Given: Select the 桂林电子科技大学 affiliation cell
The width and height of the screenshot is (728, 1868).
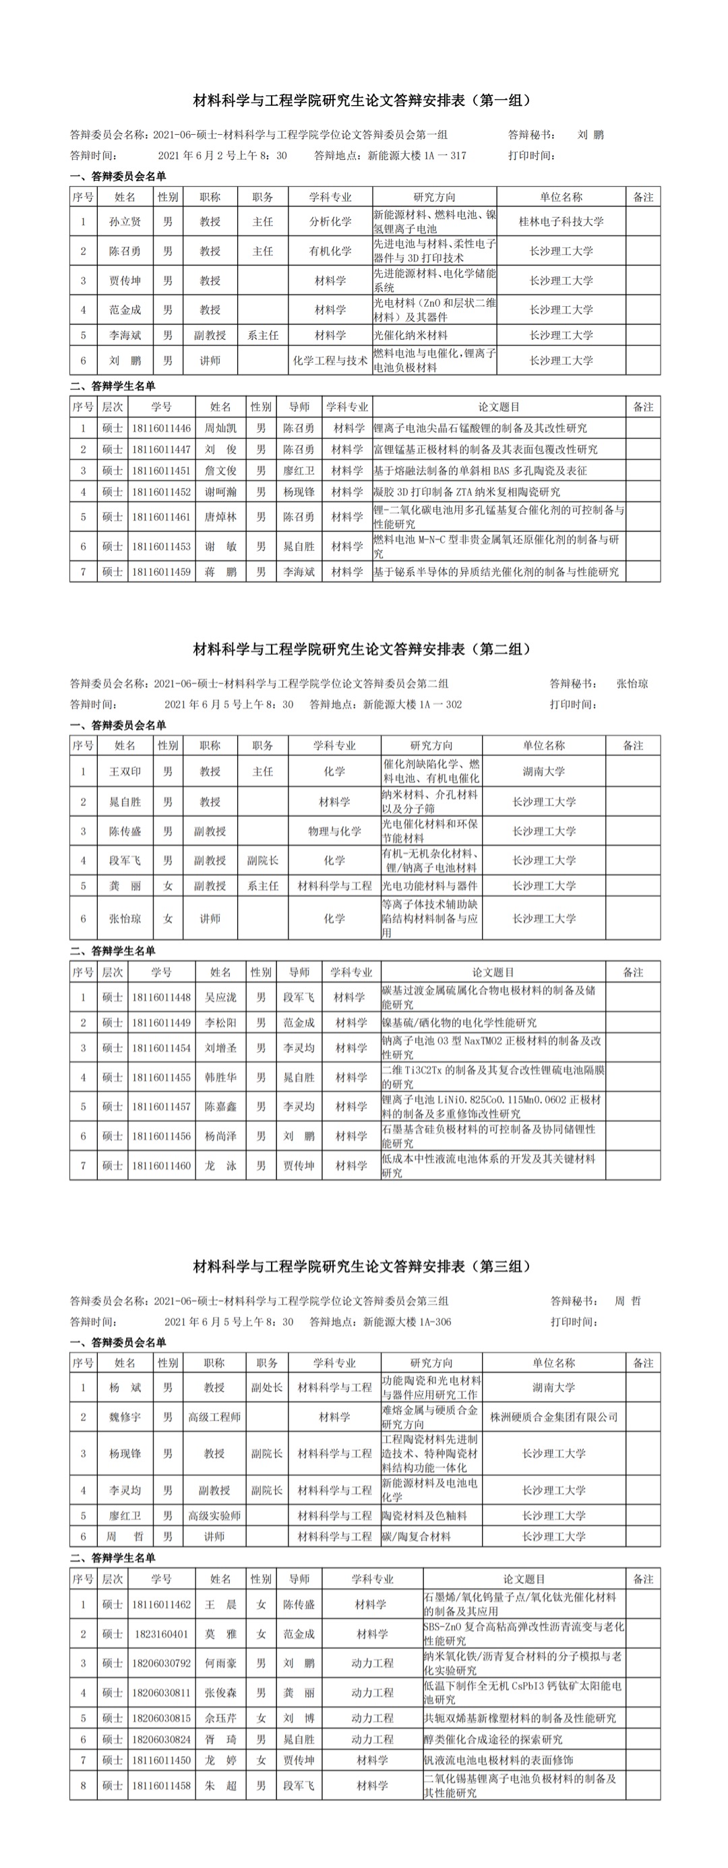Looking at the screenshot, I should tap(562, 221).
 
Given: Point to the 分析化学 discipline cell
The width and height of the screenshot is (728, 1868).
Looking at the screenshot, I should tap(331, 221).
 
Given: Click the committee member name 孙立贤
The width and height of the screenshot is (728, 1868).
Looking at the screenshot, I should tap(125, 221).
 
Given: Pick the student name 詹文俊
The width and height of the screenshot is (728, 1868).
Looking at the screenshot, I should tap(220, 471).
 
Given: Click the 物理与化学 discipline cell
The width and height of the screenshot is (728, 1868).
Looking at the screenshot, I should tap(334, 831).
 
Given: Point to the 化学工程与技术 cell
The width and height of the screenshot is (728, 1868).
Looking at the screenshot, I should tap(331, 360).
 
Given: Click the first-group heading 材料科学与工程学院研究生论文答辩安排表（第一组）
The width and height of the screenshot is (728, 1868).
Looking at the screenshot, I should tap(363, 100).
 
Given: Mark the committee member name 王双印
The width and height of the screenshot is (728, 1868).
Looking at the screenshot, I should tap(125, 771).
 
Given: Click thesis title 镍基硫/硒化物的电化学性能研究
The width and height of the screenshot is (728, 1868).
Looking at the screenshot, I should tap(459, 1022).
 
